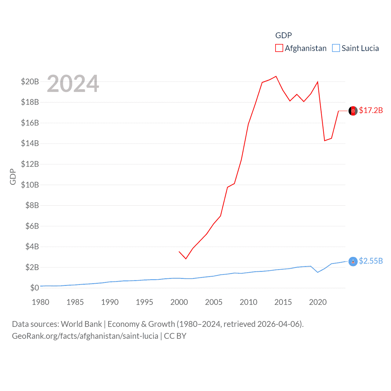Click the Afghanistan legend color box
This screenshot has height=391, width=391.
(x=279, y=48)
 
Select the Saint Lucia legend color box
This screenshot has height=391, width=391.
(x=336, y=48)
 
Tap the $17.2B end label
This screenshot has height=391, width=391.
(x=371, y=110)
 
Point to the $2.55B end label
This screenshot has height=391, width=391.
(x=371, y=261)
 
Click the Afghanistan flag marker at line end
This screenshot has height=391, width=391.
(x=353, y=111)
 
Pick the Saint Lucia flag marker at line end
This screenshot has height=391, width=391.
(x=353, y=261)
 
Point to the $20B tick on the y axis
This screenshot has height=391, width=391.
(x=30, y=82)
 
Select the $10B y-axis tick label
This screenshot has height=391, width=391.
(x=30, y=185)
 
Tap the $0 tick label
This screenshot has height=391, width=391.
(x=35, y=288)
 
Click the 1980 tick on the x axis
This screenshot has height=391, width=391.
(x=41, y=302)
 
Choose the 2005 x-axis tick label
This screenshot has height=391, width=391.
(x=214, y=302)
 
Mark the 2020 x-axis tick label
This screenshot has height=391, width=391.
(x=318, y=302)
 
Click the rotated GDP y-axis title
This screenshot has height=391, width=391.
(x=13, y=177)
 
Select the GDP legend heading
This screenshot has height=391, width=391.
(x=283, y=35)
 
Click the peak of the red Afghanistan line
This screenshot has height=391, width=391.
(x=276, y=76)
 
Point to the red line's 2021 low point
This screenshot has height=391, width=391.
(x=325, y=141)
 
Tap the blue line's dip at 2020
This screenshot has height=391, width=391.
(x=318, y=272)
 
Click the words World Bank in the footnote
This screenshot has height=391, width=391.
(x=82, y=324)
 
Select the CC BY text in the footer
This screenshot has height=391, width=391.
(x=175, y=336)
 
